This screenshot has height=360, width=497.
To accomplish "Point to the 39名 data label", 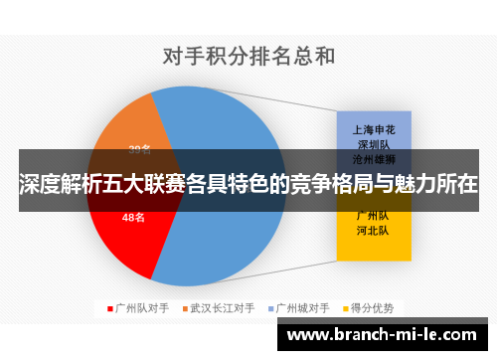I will pyautogui.click(x=140, y=150).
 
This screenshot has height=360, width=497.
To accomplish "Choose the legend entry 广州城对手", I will pyautogui.click(x=306, y=307).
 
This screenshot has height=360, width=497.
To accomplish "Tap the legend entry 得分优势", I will pyautogui.click(x=375, y=307).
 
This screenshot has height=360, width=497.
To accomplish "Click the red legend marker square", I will pyautogui.click(x=109, y=307).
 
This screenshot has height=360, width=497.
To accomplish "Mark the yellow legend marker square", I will pyautogui.click(x=348, y=307).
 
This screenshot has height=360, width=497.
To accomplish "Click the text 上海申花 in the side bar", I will pyautogui.click(x=374, y=128).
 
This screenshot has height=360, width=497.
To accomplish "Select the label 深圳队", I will pyautogui.click(x=374, y=143).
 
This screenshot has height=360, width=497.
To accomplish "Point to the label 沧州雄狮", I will pyautogui.click(x=374, y=158).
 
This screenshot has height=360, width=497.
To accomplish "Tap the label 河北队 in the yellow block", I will pyautogui.click(x=374, y=230).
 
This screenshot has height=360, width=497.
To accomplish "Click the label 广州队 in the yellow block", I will pyautogui.click(x=374, y=215).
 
